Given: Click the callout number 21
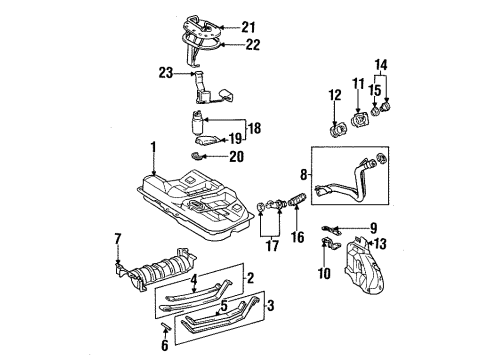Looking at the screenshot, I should pos(249,27).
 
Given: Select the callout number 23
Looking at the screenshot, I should pos(165,72).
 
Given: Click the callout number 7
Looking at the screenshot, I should pos(117,238).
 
